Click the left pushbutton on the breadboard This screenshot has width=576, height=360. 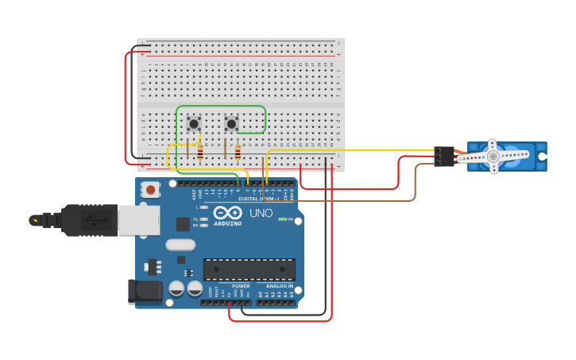[x=193, y=123]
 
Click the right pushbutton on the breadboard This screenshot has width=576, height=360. [x=231, y=123]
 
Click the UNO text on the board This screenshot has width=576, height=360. [x=261, y=213]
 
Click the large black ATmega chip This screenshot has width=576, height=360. [x=249, y=269]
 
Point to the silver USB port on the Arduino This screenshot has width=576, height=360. [x=138, y=220]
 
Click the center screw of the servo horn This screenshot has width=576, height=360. [x=493, y=157]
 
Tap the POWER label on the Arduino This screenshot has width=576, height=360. [x=241, y=286]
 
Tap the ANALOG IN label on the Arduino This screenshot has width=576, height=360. [x=279, y=286]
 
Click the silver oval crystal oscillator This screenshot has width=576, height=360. [x=180, y=245]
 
